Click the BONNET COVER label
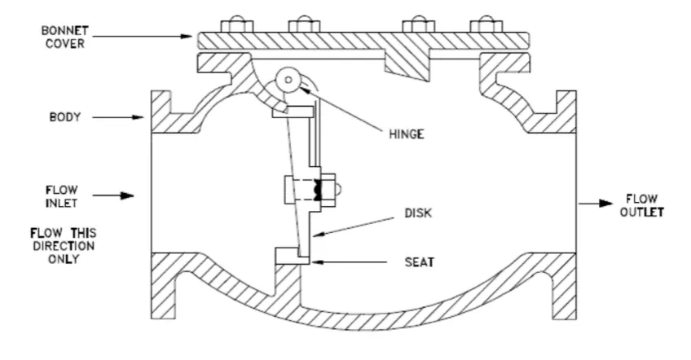coord(65,37)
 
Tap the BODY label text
coord(65,117)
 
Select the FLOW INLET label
coord(62,196)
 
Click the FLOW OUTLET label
coord(641,205)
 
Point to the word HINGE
coord(407,134)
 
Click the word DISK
coord(418,213)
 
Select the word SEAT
coord(420,262)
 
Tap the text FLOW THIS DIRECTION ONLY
coord(63,246)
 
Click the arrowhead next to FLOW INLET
coord(127,195)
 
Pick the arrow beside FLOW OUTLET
coord(596,204)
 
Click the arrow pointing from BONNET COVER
coord(143,36)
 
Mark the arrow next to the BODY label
coord(118,117)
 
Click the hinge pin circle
coord(288,80)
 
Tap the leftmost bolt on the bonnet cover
coord(236,24)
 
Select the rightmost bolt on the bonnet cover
coord(486,24)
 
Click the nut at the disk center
coord(328,190)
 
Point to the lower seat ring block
coord(293,256)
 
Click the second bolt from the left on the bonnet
coord(305,24)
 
